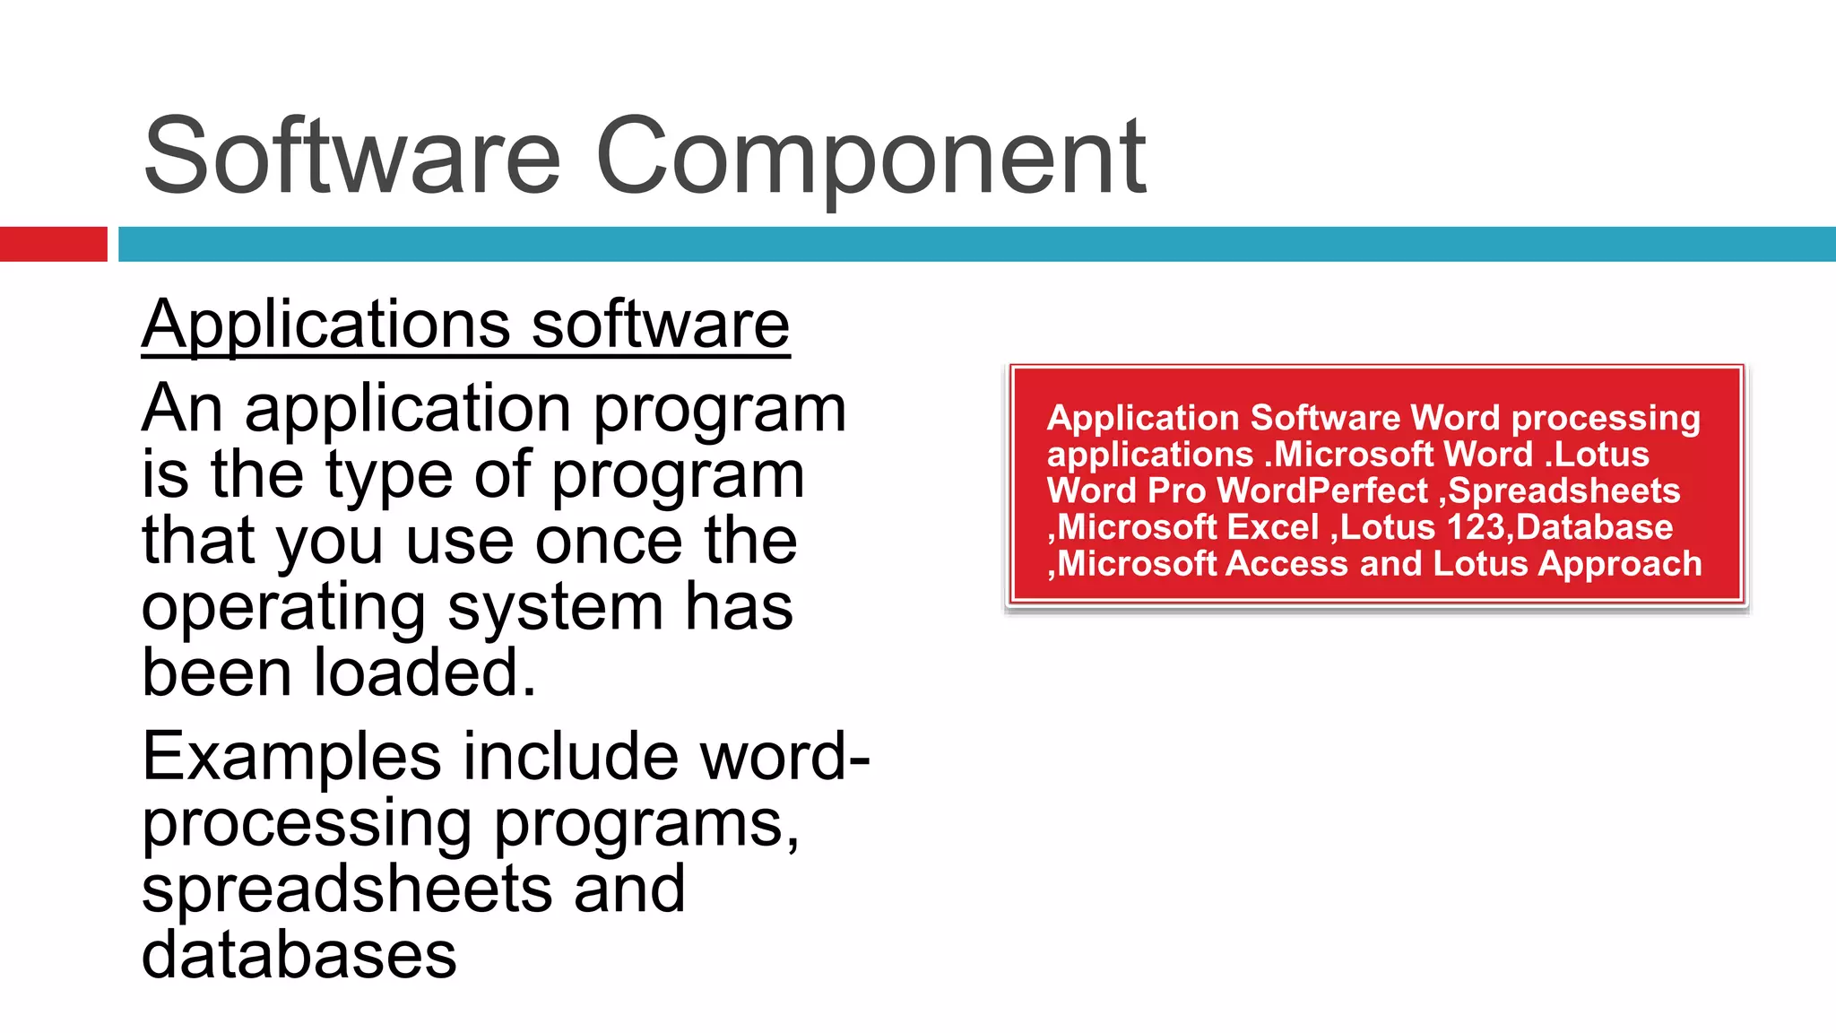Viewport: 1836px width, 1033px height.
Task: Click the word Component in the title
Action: click(870, 160)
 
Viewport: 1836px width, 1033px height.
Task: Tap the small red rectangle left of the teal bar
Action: click(53, 244)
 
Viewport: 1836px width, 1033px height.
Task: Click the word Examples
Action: click(291, 757)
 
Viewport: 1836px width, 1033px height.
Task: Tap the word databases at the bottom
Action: click(299, 955)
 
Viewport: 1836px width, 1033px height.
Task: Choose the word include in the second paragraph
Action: click(570, 757)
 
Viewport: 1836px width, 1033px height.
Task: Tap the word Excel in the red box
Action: click(1272, 527)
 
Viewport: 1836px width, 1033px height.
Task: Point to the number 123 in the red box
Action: click(1476, 527)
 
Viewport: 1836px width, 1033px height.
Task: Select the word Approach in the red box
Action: click(1620, 564)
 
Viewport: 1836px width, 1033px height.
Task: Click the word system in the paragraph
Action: click(555, 608)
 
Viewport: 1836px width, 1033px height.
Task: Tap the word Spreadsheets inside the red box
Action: click(1563, 490)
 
